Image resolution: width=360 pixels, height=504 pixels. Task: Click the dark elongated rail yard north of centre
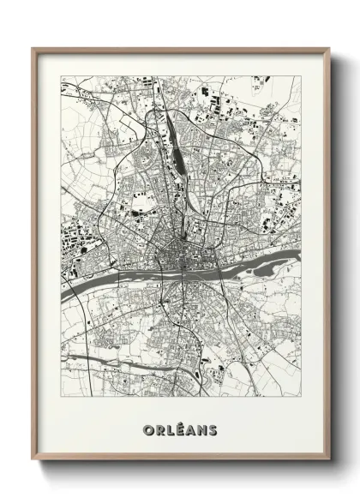[177, 154]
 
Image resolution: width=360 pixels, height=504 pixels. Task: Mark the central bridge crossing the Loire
[183, 271]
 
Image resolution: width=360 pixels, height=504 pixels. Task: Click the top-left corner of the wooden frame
[33, 49]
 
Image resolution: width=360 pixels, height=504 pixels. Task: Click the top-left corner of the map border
[61, 76]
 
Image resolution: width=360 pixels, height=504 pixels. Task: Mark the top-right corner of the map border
[301, 76]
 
